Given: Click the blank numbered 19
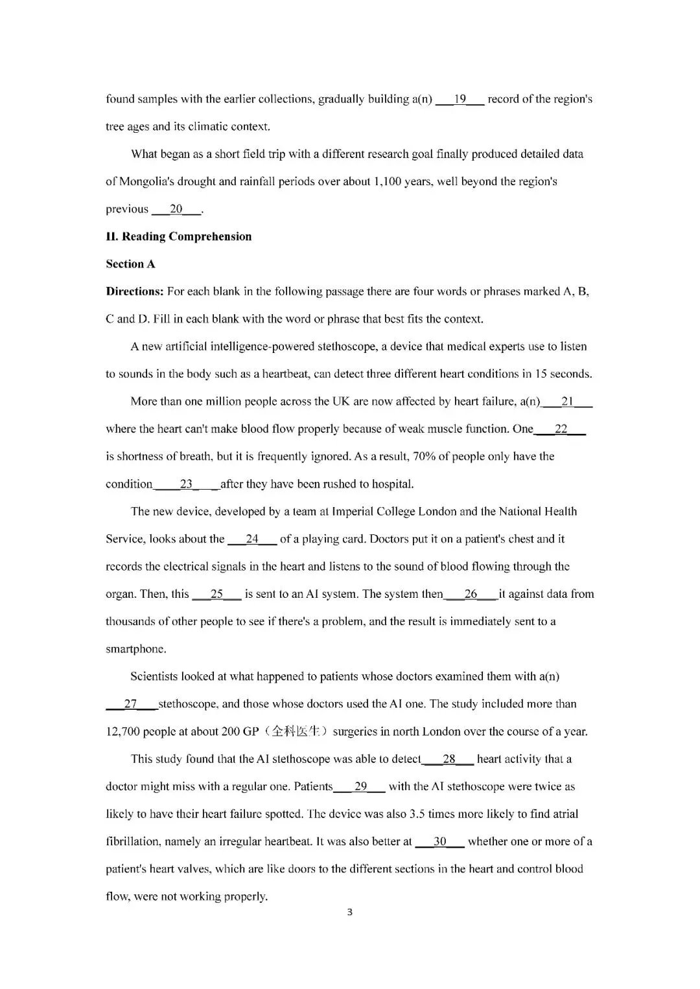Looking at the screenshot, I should tap(460, 100).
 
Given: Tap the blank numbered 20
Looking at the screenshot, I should tap(176, 209).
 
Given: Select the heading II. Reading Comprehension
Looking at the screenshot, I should tap(178, 236).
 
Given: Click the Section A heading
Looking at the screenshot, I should tap(130, 264).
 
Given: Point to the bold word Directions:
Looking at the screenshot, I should tap(135, 291).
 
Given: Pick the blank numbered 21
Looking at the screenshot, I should tap(567, 402).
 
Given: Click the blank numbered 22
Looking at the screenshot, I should tap(561, 429).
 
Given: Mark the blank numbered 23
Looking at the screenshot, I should tap(186, 484).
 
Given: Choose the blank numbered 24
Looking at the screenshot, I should tap(252, 539).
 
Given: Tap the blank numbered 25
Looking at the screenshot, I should tap(217, 594).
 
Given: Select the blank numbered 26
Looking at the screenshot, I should tap(471, 594).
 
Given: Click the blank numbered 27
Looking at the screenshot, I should tap(131, 704).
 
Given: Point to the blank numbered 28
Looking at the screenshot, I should tap(449, 759).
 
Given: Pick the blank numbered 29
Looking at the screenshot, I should tap(360, 787).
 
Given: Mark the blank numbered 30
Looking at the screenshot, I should tap(440, 842).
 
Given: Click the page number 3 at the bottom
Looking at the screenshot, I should tap(350, 913).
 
